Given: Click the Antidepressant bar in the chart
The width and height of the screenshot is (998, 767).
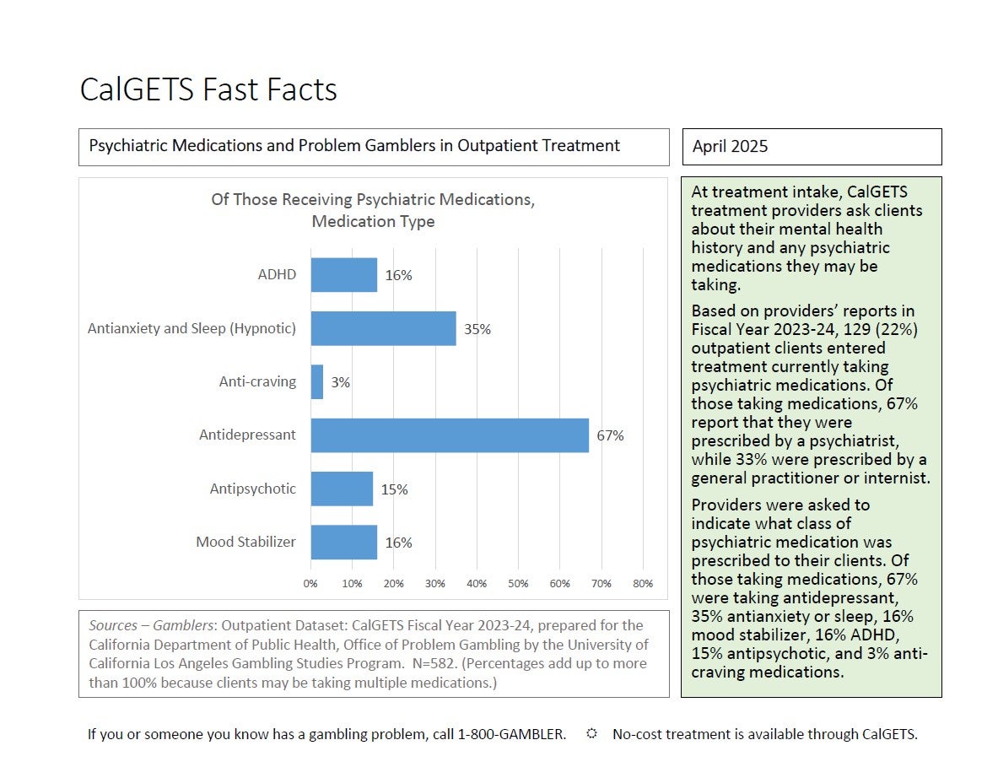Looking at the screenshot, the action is (x=450, y=435).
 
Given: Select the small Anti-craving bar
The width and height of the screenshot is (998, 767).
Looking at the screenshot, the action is (x=317, y=382).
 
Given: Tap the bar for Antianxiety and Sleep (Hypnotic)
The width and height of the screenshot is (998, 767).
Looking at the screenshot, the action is (x=383, y=328).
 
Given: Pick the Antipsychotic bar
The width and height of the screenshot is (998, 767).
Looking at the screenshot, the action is (x=342, y=489).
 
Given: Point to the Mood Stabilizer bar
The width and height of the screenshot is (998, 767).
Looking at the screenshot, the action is (x=343, y=543).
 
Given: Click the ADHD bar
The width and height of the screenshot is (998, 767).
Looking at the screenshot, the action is (x=343, y=275).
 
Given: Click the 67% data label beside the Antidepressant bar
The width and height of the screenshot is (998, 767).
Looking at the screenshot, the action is (x=610, y=435).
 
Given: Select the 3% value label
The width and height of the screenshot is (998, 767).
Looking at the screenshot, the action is (x=340, y=382).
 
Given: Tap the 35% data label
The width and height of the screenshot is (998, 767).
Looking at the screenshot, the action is (x=477, y=329).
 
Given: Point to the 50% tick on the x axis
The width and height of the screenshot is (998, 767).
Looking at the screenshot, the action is (x=518, y=584).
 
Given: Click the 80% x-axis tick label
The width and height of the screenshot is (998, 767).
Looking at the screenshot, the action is (x=643, y=584).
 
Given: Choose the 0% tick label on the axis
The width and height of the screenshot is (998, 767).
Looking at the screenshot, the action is (x=310, y=584).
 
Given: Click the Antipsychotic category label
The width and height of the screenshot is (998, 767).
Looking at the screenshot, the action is (x=253, y=489).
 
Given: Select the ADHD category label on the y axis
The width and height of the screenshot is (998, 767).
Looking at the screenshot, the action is (x=277, y=274).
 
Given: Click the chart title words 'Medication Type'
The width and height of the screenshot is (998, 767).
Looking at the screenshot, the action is (x=373, y=222).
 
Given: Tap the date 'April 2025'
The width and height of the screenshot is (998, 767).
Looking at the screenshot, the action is (x=730, y=147).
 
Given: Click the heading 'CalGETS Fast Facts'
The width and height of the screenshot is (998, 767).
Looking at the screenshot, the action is (x=208, y=89).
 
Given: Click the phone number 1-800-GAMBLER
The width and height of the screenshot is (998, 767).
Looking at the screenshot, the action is (x=512, y=734).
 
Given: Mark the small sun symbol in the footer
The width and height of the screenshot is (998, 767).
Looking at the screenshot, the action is (x=591, y=733).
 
